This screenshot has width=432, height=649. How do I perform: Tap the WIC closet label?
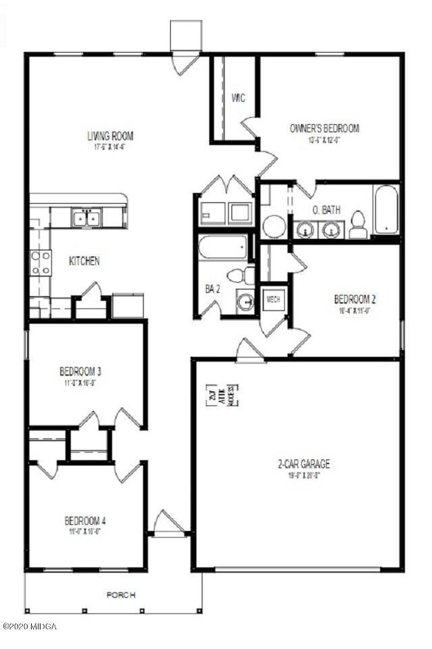[x=238, y=98]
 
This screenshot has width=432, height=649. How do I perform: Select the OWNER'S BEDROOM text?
[x=324, y=128]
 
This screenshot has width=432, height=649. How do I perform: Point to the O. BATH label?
[x=326, y=210]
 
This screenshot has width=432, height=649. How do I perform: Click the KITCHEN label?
[x=84, y=260]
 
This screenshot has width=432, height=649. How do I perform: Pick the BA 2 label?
[x=212, y=289]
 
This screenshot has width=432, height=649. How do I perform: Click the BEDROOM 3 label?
[x=80, y=371]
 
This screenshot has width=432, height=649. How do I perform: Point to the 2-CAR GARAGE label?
[x=304, y=464]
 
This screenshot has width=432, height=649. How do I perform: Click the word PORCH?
[x=122, y=595]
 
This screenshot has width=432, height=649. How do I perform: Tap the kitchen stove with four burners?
[x=40, y=262]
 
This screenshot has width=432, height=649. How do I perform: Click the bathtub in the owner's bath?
[x=387, y=209]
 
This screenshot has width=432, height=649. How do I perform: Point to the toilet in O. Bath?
[x=358, y=225]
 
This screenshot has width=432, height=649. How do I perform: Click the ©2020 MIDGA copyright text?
[x=30, y=626]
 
